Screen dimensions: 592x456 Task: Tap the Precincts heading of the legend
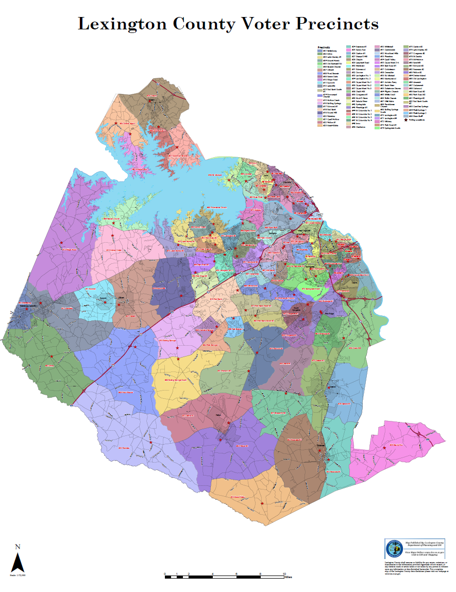click(x=324, y=47)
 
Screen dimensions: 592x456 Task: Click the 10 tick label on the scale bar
click(x=284, y=573)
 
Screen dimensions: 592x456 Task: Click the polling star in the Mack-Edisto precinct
click(x=262, y=503)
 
